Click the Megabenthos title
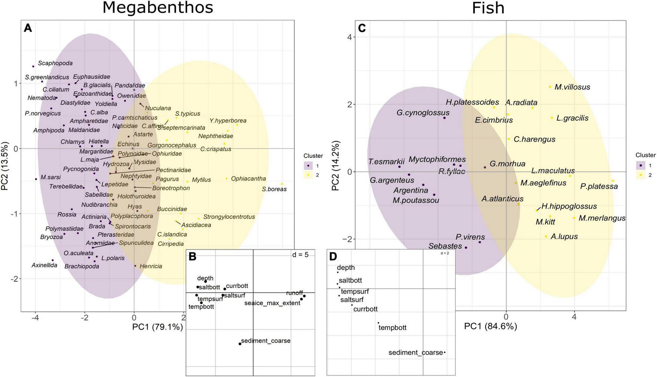click(x=158, y=7)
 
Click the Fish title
click(x=488, y=8)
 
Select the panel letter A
click(x=28, y=28)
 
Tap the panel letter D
click(x=333, y=256)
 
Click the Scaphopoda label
click(x=55, y=63)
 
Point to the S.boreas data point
click(x=282, y=184)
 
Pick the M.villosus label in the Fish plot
click(x=572, y=87)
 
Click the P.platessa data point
click(x=613, y=181)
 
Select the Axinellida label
click(x=44, y=265)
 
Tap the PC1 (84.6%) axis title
click(x=491, y=326)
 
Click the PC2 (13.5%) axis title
click(x=5, y=165)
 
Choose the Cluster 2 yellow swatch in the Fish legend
click(x=640, y=175)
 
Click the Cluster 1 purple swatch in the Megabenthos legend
click(x=308, y=165)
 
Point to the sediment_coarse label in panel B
click(x=265, y=341)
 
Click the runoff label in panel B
click(x=294, y=293)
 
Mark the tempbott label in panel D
click(x=392, y=328)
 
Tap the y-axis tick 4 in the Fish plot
click(x=349, y=37)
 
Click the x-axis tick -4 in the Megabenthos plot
click(x=35, y=317)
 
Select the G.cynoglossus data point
click(x=444, y=118)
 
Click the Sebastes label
click(x=445, y=246)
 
